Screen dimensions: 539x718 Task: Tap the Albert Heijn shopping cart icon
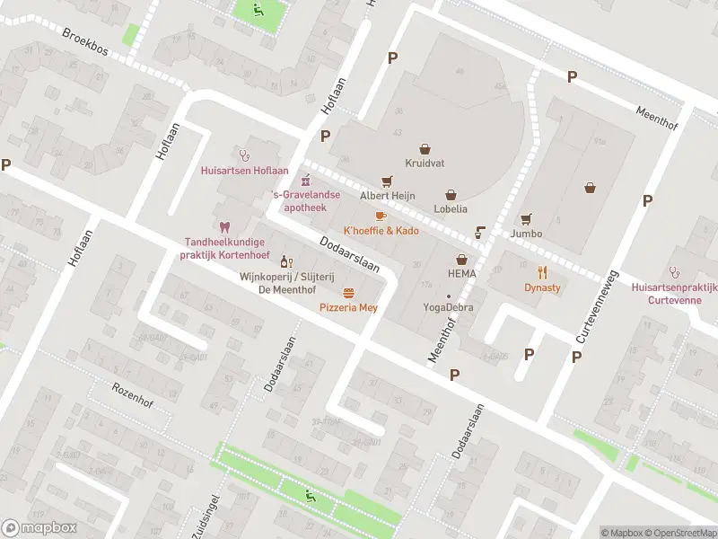tap(387, 181)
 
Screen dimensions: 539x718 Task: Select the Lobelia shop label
tap(451, 208)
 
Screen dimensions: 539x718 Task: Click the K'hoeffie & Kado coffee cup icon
tap(381, 216)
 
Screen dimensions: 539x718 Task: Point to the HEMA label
tap(462, 273)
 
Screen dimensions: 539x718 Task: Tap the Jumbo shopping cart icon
tap(526, 218)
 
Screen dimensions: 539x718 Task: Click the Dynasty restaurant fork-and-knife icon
tap(542, 272)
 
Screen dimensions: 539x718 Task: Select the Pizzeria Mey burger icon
tap(348, 293)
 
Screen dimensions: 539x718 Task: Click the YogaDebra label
tap(449, 307)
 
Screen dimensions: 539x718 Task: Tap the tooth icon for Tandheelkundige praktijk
tap(224, 227)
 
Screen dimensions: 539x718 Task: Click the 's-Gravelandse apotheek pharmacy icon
tap(305, 178)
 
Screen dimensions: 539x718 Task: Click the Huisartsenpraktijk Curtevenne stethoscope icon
tap(674, 271)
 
